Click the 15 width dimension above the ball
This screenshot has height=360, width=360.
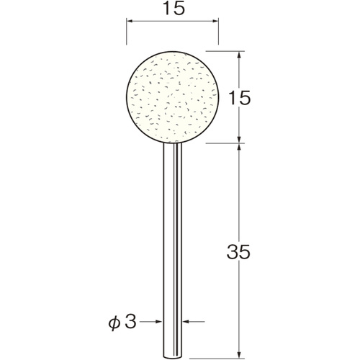pyautogui.click(x=174, y=9)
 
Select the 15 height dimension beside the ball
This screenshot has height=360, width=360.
pyautogui.click(x=239, y=98)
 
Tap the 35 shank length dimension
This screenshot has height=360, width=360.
pyautogui.click(x=238, y=252)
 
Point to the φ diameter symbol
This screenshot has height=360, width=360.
pyautogui.click(x=114, y=323)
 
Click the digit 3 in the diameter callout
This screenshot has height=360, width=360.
pyautogui.click(x=130, y=321)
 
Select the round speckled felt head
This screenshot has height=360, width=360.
pyautogui.click(x=173, y=97)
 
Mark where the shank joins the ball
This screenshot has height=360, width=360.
pyautogui.click(x=172, y=143)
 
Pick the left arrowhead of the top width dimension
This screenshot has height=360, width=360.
pyautogui.click(x=130, y=22)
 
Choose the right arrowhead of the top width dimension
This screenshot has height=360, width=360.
pyautogui.click(x=215, y=22)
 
